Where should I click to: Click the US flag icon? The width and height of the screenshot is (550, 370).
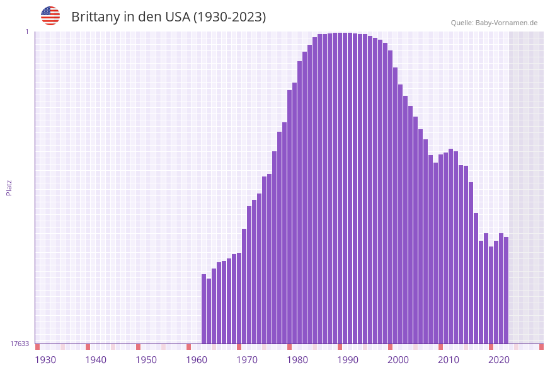50,16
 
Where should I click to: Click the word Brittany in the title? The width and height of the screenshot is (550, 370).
95,17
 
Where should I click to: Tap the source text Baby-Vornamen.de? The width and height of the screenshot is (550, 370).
506,23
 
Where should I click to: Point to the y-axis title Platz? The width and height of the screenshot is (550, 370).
9,187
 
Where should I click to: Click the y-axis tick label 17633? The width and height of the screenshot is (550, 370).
20,344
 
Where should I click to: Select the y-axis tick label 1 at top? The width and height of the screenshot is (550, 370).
26,32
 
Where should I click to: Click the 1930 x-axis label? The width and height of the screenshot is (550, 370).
45,360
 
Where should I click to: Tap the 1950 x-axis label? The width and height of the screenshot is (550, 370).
146,360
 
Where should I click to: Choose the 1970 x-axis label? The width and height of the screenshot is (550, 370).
247,360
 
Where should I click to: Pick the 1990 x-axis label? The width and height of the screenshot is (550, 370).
348,360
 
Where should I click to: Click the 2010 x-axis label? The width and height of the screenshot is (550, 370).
449,360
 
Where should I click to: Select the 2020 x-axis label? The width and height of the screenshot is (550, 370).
499,360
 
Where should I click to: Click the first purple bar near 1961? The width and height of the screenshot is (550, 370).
203,309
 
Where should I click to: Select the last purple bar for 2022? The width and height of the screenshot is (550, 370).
506,290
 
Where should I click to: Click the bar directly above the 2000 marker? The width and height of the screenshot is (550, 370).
400,214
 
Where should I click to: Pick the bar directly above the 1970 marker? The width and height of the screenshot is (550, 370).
249,275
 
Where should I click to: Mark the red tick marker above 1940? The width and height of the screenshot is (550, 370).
88,347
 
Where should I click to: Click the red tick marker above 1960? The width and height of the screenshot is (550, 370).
188,347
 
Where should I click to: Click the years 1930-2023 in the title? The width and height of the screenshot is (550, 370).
229,17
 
